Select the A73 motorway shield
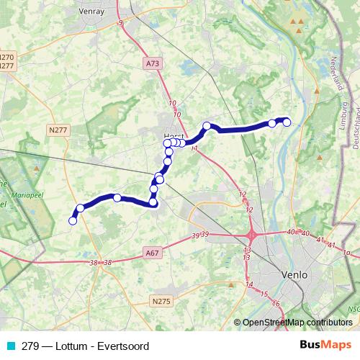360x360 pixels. click(152, 63)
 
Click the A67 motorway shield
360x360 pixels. click(151, 253)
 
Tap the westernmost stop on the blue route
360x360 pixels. click(72, 221)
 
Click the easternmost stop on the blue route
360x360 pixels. click(287, 122)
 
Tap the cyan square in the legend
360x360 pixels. click(10, 345)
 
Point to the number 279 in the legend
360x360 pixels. click(30, 345)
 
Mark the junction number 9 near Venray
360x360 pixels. click(120, 24)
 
